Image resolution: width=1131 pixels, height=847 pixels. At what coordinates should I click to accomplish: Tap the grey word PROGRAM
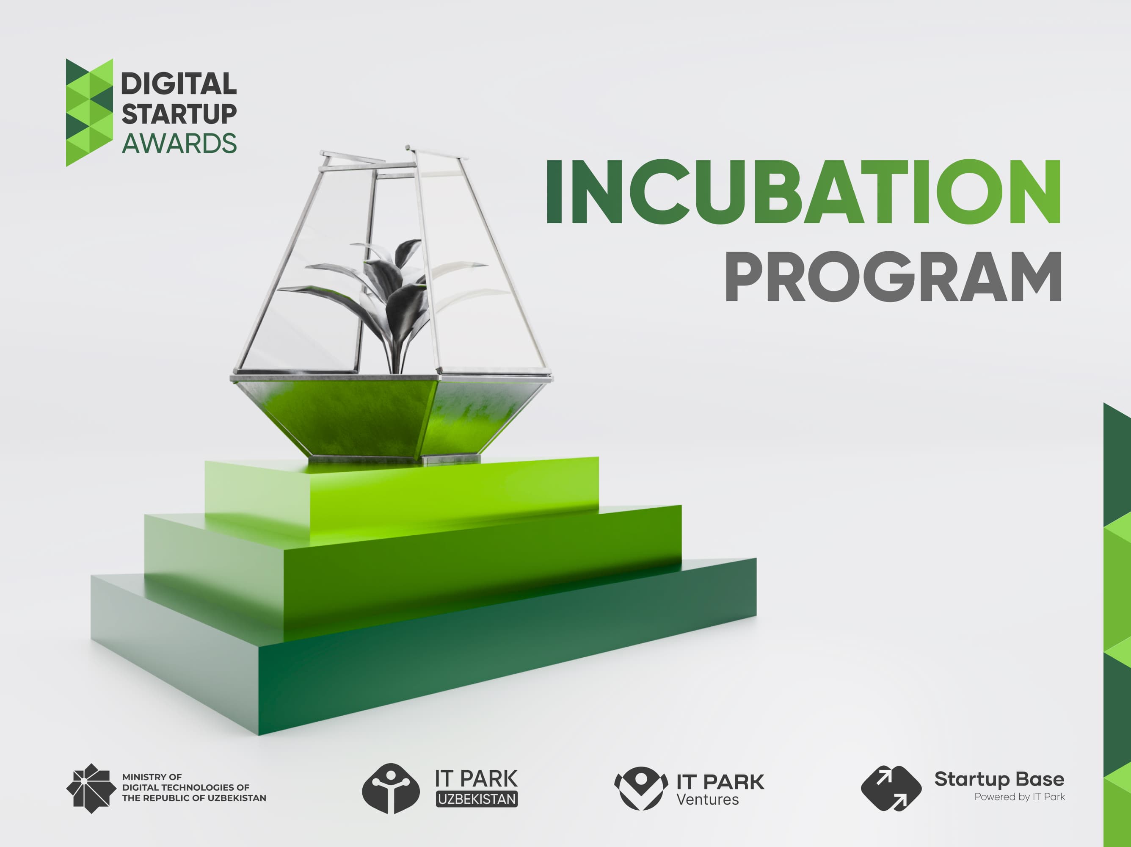pos(893,277)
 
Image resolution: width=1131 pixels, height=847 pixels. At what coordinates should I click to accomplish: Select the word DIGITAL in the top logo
pos(179,84)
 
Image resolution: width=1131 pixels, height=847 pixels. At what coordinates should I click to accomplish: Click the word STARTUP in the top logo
pos(179,113)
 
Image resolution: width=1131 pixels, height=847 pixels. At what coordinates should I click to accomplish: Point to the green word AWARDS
pos(179,143)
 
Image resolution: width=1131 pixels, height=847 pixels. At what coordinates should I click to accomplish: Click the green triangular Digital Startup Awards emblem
pos(89,113)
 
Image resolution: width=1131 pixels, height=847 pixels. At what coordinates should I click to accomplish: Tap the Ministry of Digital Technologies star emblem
pos(91,788)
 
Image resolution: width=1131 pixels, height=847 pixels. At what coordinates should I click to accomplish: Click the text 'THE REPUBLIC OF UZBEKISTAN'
pos(194,798)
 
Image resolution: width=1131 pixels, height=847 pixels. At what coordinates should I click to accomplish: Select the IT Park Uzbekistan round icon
pos(391,788)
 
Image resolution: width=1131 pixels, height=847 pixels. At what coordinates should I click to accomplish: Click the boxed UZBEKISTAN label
pos(477,799)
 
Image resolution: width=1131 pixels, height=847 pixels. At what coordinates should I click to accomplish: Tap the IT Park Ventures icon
pos(641,788)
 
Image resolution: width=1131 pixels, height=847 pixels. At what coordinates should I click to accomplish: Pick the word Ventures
pos(707,800)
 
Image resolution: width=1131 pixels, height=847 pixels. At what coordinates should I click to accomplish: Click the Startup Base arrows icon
pos(891,788)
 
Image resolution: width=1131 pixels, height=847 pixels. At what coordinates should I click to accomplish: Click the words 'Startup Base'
pos(999,779)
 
